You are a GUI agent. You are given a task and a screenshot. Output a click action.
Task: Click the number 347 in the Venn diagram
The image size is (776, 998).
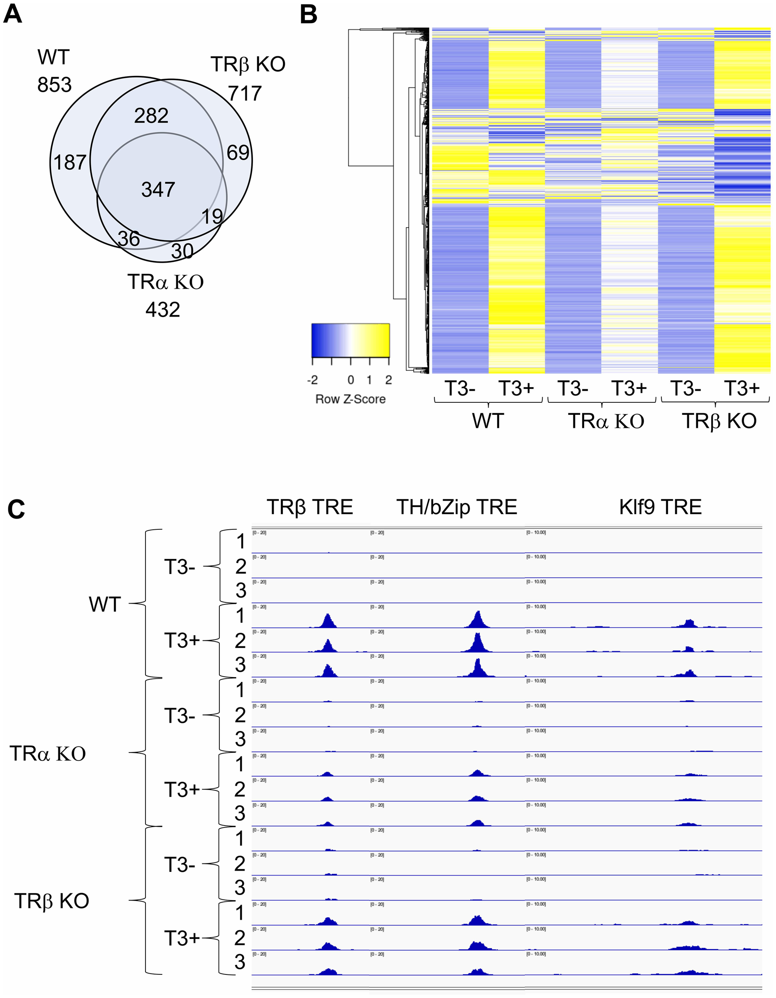[158, 189]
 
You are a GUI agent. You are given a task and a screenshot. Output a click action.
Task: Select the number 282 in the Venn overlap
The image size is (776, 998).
[151, 116]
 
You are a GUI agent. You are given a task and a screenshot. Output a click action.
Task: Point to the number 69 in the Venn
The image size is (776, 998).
[238, 152]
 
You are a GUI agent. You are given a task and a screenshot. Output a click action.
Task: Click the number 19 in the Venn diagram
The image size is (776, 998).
[212, 216]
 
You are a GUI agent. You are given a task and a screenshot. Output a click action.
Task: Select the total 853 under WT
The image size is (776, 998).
[54, 85]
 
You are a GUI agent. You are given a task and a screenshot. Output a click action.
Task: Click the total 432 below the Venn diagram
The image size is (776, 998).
[163, 310]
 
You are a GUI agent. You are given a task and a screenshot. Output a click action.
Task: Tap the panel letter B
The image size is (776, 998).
[308, 15]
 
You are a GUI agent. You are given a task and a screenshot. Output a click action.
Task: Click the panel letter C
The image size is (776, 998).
[16, 509]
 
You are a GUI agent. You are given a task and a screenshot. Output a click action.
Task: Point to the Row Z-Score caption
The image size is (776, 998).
[350, 399]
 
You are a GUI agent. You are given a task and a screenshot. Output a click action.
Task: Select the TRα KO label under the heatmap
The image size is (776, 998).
[606, 421]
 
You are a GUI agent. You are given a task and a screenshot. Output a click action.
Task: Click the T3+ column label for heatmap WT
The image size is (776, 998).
[516, 388]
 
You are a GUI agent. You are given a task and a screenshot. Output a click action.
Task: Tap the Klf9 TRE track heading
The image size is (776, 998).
[660, 507]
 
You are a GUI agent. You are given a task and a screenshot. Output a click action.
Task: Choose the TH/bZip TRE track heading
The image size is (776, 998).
[456, 507]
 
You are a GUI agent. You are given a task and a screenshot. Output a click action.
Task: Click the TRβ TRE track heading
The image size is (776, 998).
[310, 507]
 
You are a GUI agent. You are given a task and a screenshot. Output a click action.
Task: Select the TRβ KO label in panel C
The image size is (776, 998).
[52, 901]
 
